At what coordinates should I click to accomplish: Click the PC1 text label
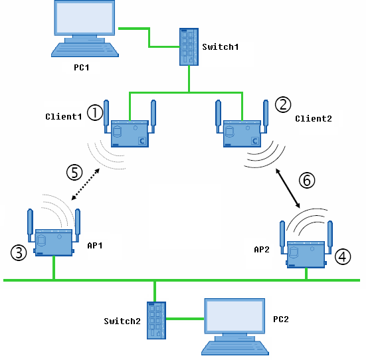point(81,68)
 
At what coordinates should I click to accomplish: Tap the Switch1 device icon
point(189,46)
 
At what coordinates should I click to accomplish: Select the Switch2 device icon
point(156,320)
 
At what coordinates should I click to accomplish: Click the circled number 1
point(95,112)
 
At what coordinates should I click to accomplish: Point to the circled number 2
point(283,105)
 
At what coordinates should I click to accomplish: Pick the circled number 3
point(19,252)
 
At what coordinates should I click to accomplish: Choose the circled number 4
point(343,257)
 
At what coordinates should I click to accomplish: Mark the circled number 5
point(74,173)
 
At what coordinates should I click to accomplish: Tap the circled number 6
point(307,180)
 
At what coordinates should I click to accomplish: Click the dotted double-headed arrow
point(86,185)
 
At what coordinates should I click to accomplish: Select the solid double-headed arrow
point(288,188)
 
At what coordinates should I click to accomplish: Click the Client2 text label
point(314,119)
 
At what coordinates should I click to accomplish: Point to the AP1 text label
point(95,246)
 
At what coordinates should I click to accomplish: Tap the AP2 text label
point(262,250)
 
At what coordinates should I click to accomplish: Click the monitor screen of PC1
point(84,18)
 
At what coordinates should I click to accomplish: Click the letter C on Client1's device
point(142,141)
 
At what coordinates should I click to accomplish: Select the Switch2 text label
point(122,321)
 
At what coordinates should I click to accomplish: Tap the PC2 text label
point(281,319)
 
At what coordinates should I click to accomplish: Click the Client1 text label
point(64,117)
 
